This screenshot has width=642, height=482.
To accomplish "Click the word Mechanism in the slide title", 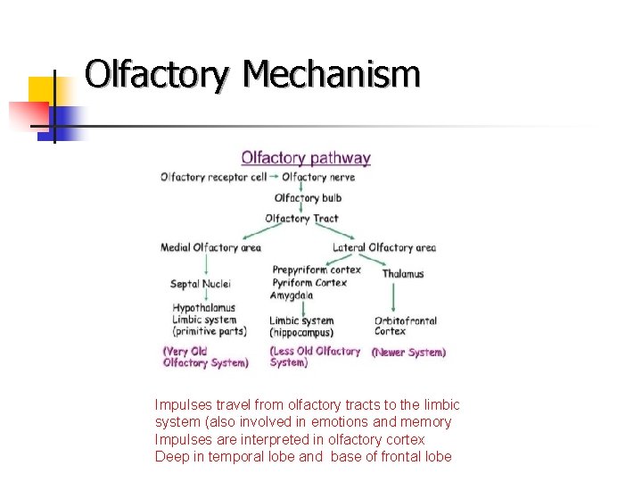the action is [330, 74].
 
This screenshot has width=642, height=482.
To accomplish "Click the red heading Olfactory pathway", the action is [306, 159].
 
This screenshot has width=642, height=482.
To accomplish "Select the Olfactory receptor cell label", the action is [213, 177].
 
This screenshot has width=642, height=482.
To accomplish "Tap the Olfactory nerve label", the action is [318, 177].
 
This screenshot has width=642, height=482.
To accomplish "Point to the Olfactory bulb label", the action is [308, 198].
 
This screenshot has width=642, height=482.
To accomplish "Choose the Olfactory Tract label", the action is [301, 219].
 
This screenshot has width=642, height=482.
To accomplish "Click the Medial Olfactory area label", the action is [210, 247].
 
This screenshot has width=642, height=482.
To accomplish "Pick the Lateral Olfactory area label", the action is [384, 247].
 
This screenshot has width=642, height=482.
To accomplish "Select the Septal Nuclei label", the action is [201, 284].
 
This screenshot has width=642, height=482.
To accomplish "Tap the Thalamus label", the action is [403, 274].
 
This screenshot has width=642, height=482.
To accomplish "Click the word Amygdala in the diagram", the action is [292, 295].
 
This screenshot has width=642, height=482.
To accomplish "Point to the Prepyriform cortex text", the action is [317, 270].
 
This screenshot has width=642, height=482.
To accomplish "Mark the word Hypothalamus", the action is [204, 308].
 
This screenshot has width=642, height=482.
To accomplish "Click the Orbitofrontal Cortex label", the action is [405, 326].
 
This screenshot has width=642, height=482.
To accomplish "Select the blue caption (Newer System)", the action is [408, 353].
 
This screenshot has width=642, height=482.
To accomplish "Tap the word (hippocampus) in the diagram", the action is [301, 332].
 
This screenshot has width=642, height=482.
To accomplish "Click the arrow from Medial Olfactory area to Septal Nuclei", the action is [206, 265].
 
